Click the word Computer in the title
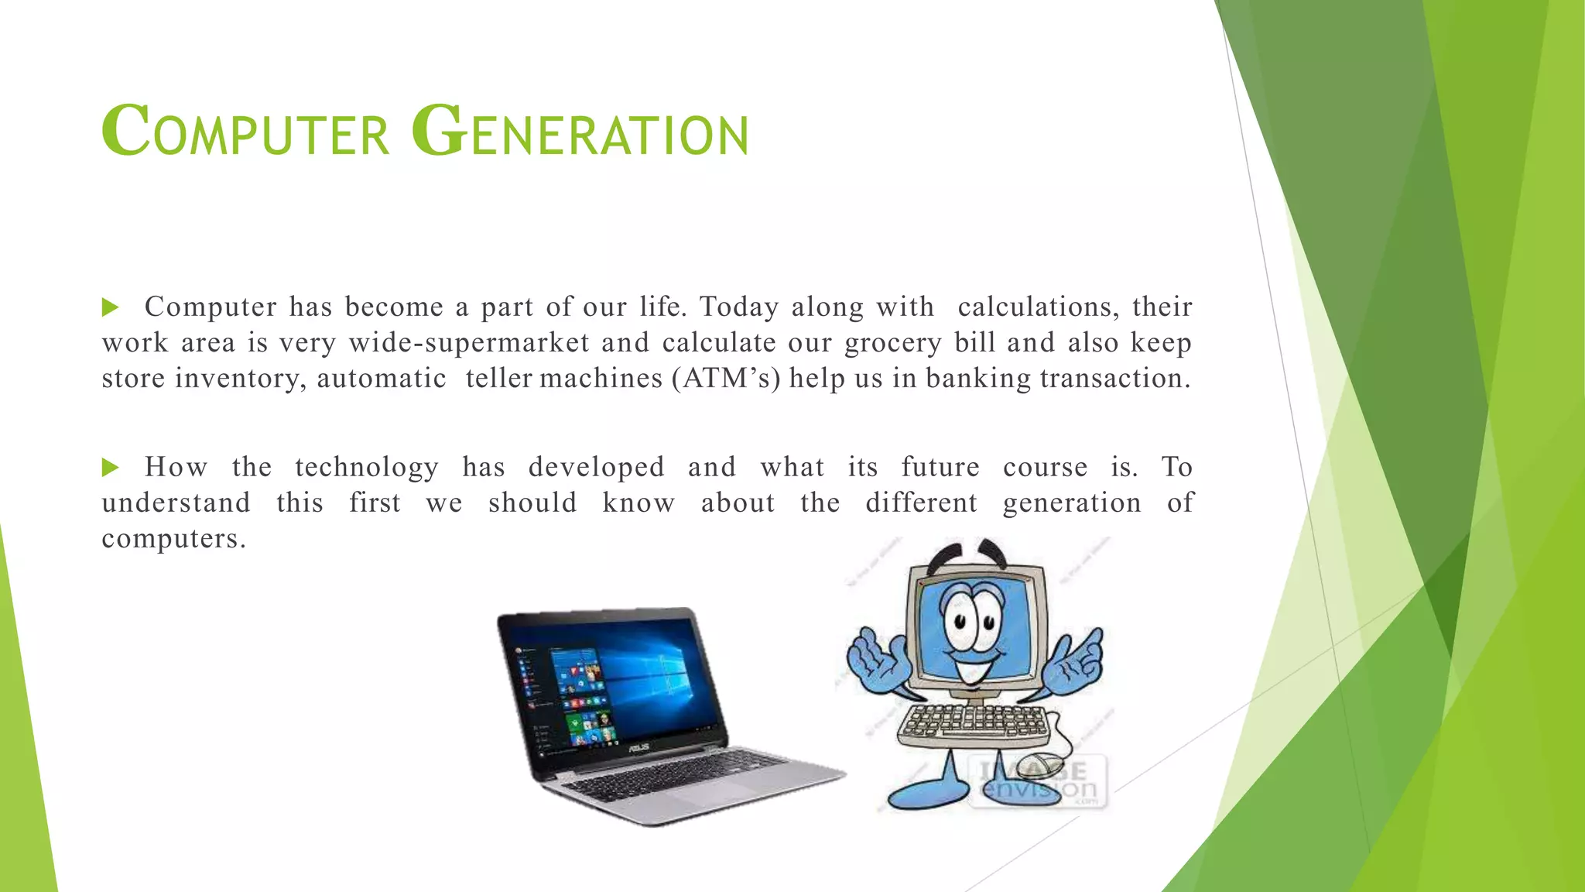(245, 132)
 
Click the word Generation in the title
(580, 132)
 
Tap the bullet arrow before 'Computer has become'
(111, 308)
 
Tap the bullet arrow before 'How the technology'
(111, 468)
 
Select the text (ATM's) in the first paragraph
(726, 379)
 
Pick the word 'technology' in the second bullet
(367, 468)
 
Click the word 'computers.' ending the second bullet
(174, 539)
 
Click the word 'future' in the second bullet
(940, 468)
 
